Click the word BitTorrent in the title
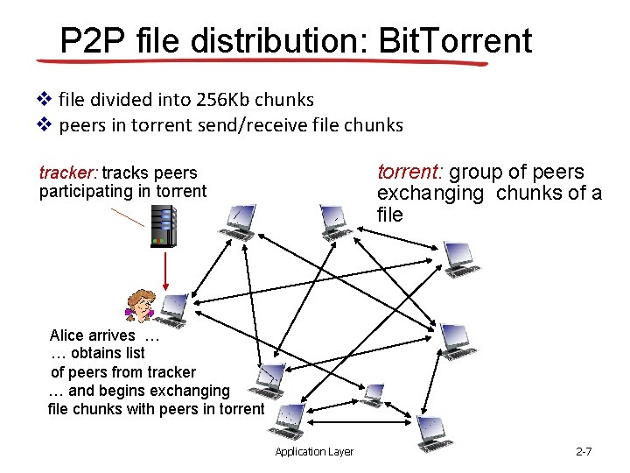point(455,40)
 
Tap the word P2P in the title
point(93,40)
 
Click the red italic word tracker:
point(68,173)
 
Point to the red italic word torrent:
point(410,172)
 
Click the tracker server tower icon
point(164,227)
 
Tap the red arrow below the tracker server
point(165,271)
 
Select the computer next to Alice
point(172,311)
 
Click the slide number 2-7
point(584,452)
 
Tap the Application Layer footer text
point(314,452)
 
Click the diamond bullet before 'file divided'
point(44,99)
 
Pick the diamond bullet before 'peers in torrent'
point(44,124)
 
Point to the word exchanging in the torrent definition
point(430,194)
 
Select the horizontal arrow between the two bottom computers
point(360,422)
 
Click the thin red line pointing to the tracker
point(128,217)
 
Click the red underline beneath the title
point(262,61)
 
